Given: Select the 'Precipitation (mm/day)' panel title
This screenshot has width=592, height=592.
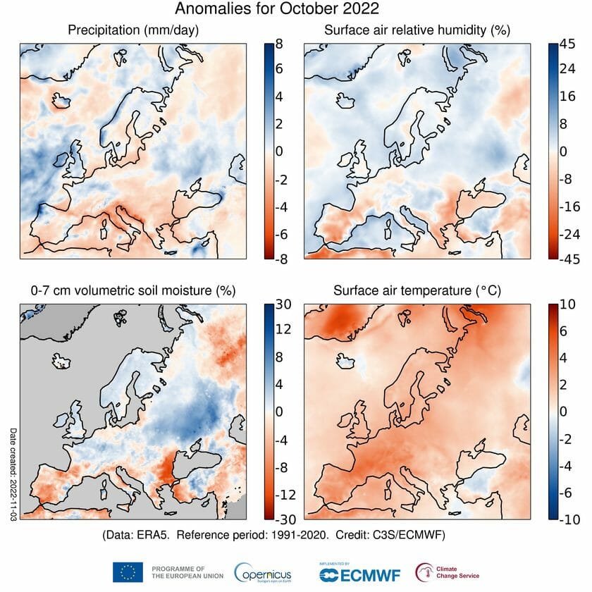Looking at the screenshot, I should pos(133,30).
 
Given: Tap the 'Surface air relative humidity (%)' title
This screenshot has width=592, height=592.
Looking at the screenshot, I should pos(417,30).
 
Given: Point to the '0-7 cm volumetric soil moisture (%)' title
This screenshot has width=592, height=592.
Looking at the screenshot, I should pos(132,290).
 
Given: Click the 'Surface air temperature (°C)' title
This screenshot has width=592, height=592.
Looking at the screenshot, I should pos(417,290).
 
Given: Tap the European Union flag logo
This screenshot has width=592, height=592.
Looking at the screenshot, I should pos(127,572).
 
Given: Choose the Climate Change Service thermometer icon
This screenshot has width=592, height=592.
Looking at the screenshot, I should pos(425,572).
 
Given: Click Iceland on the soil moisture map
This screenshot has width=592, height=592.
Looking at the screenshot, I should pos(62,363).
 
